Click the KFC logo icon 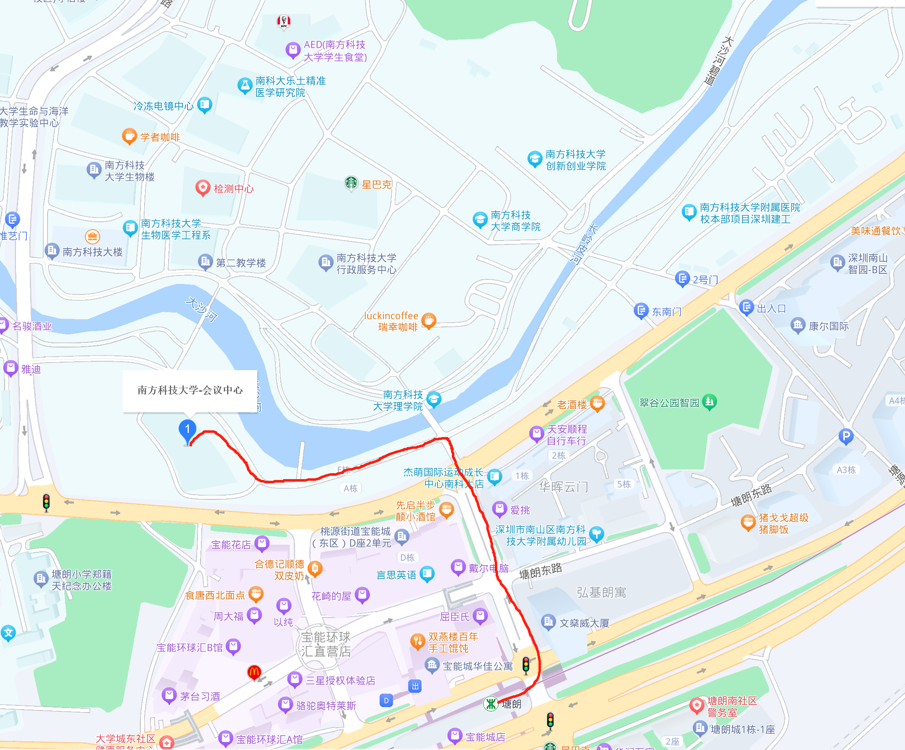(x=284, y=21)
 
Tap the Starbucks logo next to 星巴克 (x=351, y=183)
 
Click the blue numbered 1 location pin (x=187, y=430)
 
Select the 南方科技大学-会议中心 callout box (x=190, y=390)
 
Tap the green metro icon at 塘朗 (x=491, y=704)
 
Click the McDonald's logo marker (x=254, y=672)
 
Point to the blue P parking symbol (x=846, y=437)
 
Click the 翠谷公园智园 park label (x=669, y=403)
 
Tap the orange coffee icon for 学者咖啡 (x=129, y=136)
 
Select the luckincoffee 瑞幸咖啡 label (x=391, y=321)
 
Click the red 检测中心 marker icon (x=203, y=188)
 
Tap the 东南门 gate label (x=667, y=311)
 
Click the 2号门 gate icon (x=682, y=278)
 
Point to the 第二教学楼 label (x=240, y=262)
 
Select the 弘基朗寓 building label (x=601, y=593)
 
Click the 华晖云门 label (x=563, y=487)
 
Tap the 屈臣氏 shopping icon (x=480, y=616)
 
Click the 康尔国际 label (x=828, y=326)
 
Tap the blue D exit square (x=386, y=700)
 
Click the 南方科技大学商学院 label (x=515, y=220)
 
